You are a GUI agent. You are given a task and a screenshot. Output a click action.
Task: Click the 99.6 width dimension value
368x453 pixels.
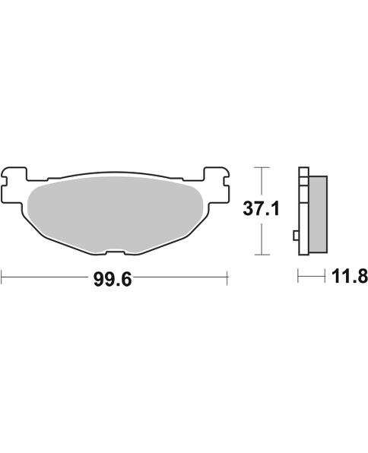(x=113, y=280)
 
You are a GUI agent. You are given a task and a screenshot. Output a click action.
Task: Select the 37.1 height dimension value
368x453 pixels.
(x=262, y=209)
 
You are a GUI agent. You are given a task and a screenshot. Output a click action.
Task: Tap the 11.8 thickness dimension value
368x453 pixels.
(x=350, y=276)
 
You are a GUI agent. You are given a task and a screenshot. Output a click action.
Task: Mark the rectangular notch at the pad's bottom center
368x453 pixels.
(x=115, y=253)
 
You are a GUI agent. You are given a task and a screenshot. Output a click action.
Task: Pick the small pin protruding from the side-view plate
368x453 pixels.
(x=296, y=236)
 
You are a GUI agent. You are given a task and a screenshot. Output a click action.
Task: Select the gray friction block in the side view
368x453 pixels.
(x=318, y=214)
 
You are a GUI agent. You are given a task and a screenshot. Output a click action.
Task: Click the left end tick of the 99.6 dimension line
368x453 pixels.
(x=2, y=277)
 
